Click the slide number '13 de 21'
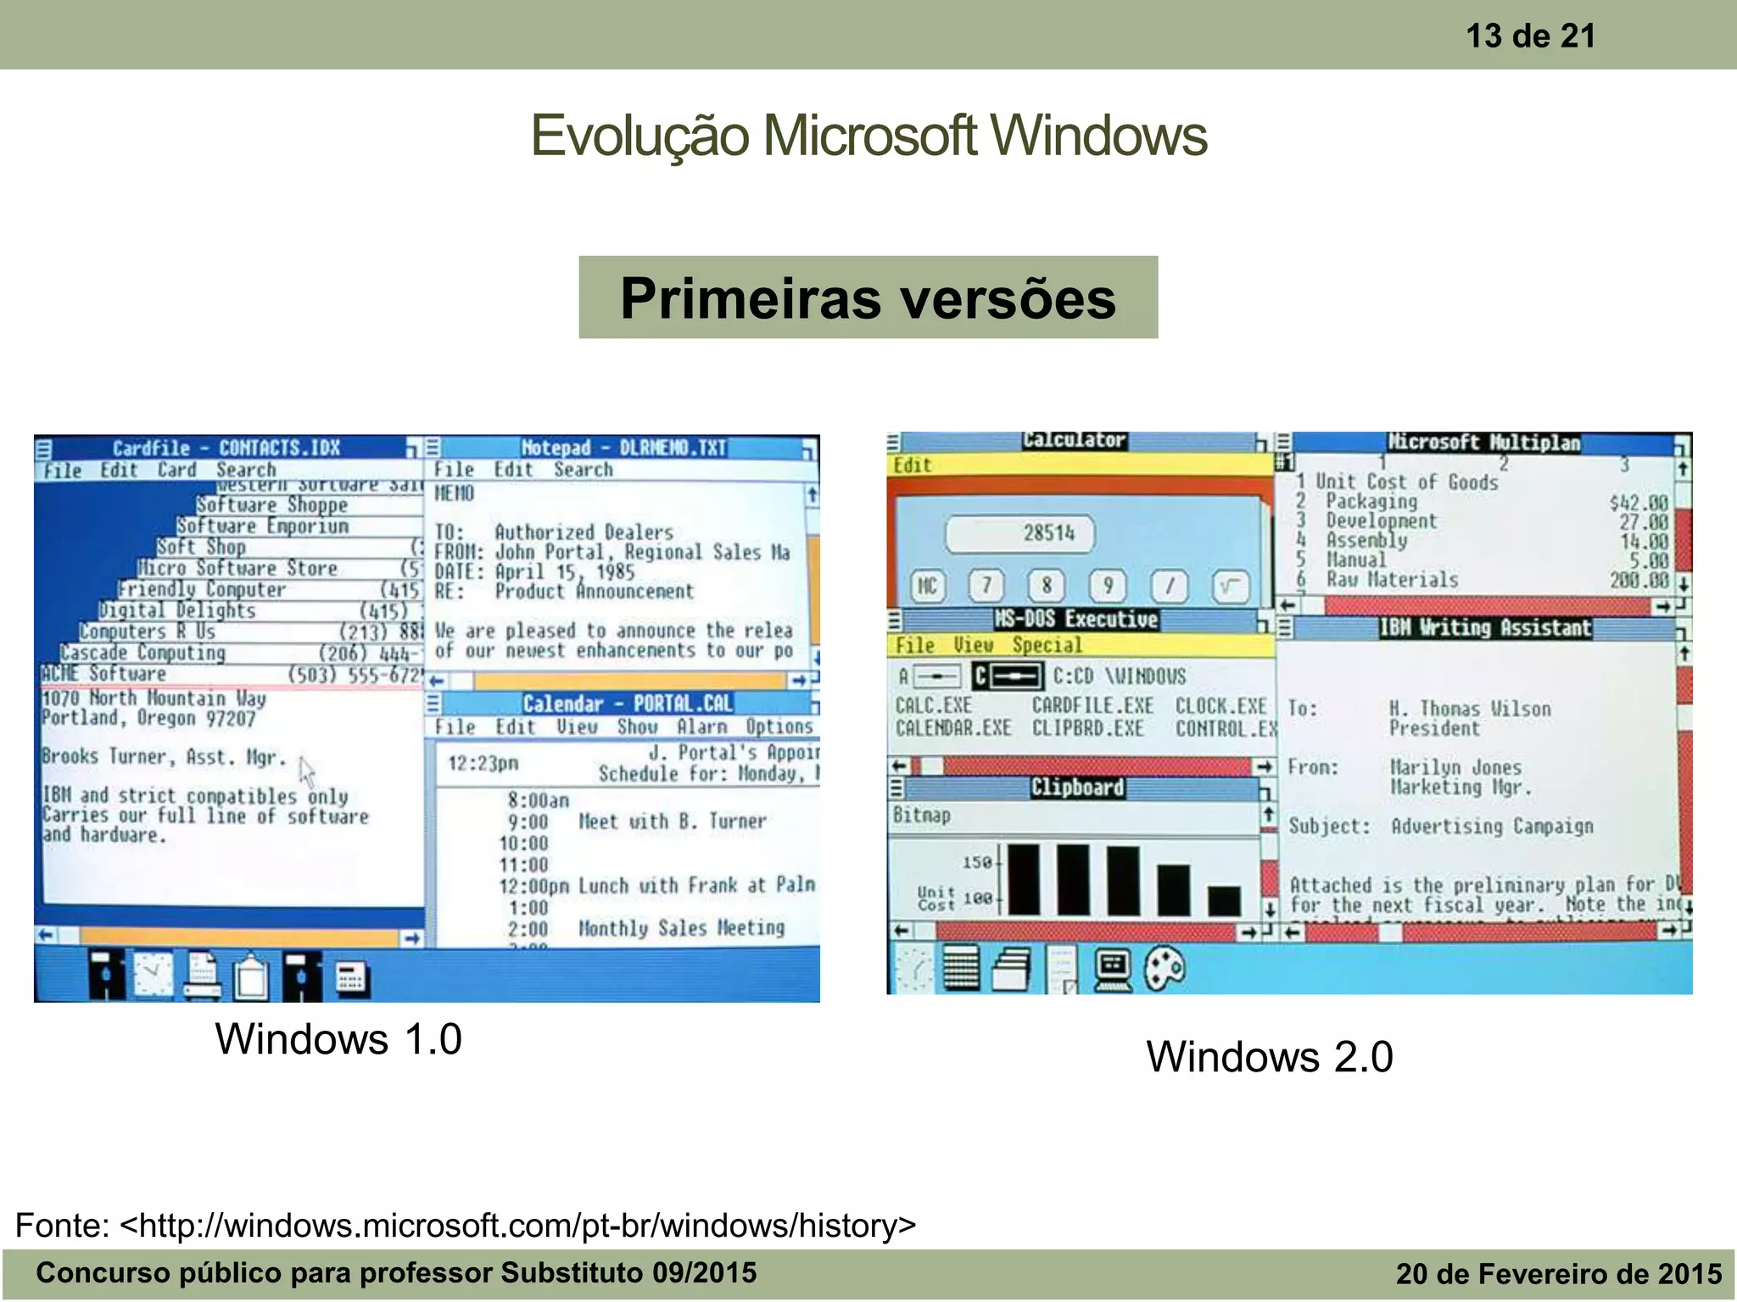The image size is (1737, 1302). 1530,36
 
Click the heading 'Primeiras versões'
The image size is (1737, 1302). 868,298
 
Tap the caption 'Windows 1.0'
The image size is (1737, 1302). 338,1039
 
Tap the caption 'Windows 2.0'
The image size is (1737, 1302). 1269,1057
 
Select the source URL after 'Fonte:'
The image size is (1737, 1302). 517,1226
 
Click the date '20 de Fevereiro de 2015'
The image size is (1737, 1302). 1558,1273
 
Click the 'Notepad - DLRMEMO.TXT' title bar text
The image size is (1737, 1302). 623,448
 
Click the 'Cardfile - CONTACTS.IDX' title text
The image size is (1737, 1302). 226,448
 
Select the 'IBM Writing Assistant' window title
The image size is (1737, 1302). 1484,628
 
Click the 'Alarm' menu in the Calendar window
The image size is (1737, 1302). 701,726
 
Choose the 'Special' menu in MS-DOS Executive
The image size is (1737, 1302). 1047,645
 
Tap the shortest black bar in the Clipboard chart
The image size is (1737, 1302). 1224,900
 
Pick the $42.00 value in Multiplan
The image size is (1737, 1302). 1639,503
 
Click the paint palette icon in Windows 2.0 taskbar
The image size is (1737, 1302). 1165,968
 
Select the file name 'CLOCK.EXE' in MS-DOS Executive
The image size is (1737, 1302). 1220,706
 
